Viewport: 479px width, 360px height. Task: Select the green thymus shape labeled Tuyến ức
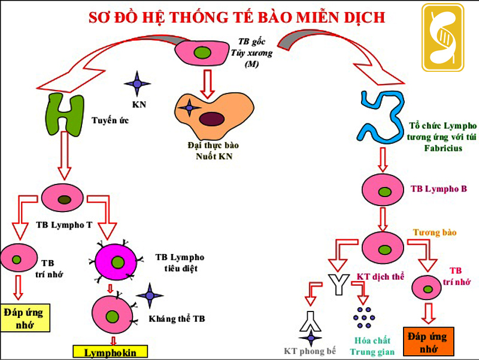point(64,114)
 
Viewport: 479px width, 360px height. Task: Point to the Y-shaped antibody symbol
point(338,283)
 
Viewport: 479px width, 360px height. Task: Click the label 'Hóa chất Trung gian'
point(370,345)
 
